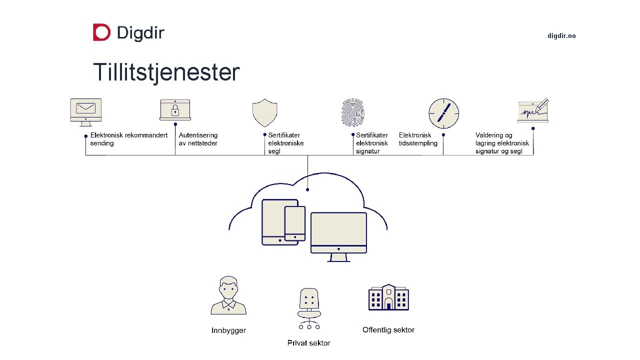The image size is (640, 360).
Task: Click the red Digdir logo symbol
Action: [x=101, y=32]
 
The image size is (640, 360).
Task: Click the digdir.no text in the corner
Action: [x=561, y=36]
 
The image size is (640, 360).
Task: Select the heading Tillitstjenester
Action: [x=166, y=72]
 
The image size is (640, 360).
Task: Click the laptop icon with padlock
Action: [x=175, y=109]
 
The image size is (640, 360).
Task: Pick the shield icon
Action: [x=264, y=112]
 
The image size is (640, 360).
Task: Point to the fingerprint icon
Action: [x=353, y=112]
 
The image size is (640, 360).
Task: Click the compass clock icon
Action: [x=443, y=113]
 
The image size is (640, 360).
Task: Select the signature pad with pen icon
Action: [x=533, y=110]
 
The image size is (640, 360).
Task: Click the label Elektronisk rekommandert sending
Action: [x=128, y=139]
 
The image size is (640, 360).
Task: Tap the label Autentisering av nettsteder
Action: [x=198, y=139]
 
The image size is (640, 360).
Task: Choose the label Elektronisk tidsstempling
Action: [x=418, y=139]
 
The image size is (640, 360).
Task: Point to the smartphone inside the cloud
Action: [x=295, y=223]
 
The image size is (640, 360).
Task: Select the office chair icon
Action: [x=309, y=308]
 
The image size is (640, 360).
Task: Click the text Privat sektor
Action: [x=308, y=343]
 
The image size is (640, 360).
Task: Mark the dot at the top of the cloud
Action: [x=307, y=189]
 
